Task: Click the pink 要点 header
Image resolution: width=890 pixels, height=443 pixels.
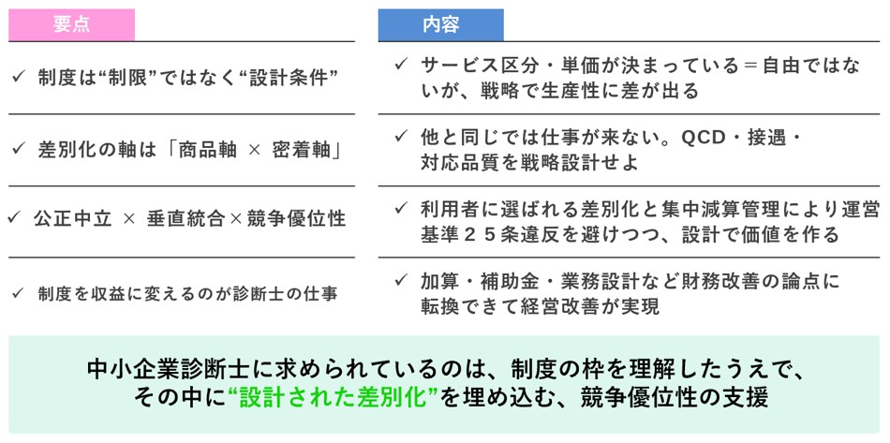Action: point(71,25)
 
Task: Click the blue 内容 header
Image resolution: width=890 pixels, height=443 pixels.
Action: point(441,25)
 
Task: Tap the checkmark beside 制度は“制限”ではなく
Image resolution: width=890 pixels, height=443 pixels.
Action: point(19,77)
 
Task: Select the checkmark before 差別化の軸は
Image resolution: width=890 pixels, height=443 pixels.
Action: point(19,149)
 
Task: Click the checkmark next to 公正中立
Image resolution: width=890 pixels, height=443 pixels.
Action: point(14,218)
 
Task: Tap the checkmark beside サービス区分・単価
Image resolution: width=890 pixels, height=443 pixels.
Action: point(401,65)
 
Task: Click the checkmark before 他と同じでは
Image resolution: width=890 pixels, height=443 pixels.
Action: point(401,137)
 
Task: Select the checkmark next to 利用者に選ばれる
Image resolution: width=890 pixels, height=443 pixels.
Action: point(401,208)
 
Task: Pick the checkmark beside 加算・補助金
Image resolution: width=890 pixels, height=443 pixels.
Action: point(401,280)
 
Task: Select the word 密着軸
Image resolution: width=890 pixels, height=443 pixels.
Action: point(301,150)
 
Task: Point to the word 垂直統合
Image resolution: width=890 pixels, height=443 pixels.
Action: point(185,219)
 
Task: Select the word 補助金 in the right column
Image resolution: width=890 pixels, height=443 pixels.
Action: point(505,281)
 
